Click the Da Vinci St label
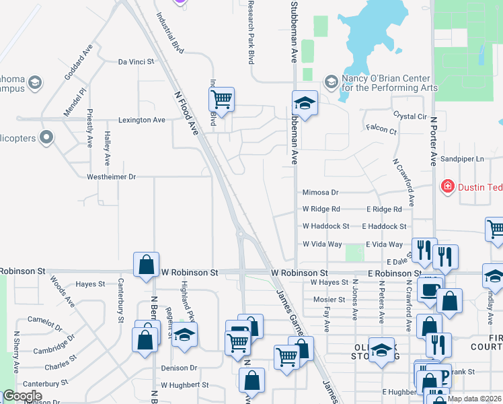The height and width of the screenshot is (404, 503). point(136,61)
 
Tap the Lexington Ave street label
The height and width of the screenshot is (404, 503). point(142,120)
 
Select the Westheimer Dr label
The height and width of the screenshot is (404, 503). point(112,177)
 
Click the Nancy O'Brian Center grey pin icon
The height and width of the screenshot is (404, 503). point(330,82)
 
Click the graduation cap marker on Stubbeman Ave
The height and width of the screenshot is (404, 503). point(305,104)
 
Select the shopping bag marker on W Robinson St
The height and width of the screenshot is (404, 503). point(146,265)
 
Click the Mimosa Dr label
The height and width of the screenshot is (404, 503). point(319,192)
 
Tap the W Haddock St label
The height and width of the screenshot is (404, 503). point(325,227)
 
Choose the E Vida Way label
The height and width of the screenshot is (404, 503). point(384,244)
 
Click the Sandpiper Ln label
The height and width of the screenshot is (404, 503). point(461,159)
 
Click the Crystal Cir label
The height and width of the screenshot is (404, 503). point(410,116)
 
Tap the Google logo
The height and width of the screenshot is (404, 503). point(22,396)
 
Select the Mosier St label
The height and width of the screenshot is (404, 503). point(329,300)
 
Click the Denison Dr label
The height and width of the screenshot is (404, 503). point(179,368)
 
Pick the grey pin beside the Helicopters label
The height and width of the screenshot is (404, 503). point(46,138)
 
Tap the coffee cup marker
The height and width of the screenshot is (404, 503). point(429,290)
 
